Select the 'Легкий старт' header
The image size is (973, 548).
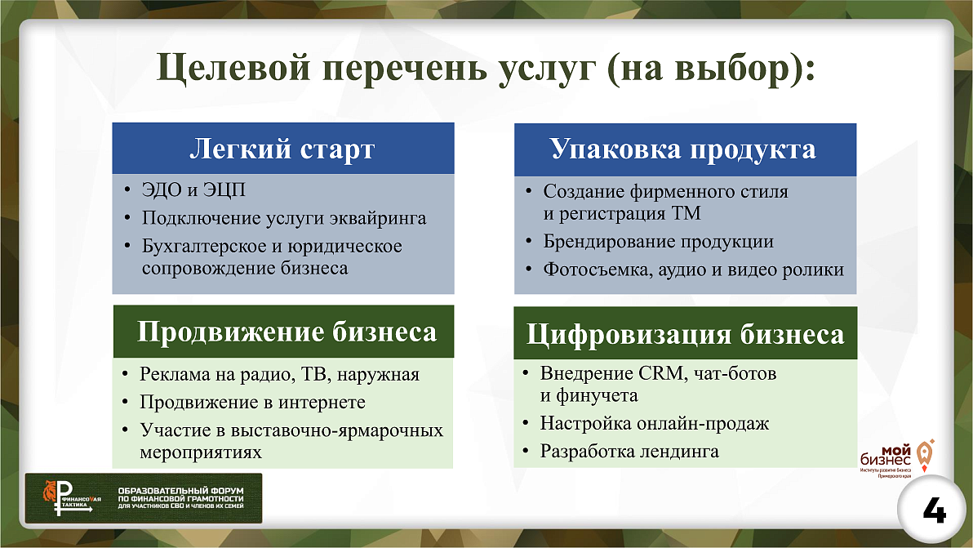282,149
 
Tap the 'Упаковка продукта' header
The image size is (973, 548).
683,149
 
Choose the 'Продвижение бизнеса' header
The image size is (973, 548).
287,332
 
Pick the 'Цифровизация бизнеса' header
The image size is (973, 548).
685,335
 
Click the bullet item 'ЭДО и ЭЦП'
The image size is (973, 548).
193,191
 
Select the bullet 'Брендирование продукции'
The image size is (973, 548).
658,242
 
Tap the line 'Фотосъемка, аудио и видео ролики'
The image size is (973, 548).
693,270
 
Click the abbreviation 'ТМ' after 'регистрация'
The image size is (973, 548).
686,214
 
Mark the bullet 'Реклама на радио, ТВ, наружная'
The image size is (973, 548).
279,375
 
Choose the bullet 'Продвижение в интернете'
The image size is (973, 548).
252,403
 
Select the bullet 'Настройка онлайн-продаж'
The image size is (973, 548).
655,424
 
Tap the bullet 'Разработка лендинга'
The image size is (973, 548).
629,451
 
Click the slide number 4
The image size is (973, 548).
935,512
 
